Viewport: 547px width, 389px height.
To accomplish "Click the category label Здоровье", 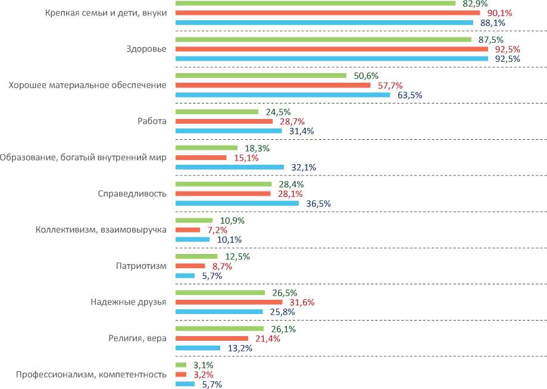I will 146,49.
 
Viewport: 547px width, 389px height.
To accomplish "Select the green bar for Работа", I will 217,112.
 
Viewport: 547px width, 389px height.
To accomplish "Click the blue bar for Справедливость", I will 237,203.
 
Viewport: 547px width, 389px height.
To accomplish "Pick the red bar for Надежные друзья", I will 229,302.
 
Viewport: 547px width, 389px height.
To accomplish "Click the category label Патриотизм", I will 140,266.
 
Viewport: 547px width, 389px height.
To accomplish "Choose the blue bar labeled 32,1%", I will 230,167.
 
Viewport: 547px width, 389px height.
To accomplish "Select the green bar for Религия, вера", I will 219,328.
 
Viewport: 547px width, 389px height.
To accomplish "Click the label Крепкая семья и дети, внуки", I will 106,12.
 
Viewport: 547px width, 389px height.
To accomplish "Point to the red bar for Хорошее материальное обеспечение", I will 273,85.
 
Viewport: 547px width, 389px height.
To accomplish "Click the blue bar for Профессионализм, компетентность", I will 185,384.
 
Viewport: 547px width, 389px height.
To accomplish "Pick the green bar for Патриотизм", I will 196,256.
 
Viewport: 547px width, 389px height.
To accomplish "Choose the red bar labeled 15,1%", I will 201,158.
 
